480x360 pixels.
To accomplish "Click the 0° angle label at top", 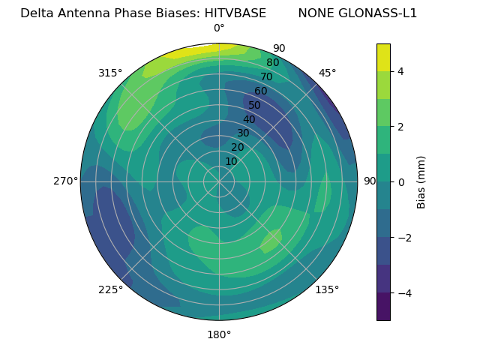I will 219,28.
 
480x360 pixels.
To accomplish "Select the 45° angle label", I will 328,73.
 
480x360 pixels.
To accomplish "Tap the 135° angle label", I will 327,289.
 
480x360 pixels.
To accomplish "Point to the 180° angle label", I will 219,334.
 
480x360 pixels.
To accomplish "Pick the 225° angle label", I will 110,290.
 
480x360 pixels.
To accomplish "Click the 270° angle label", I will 65,181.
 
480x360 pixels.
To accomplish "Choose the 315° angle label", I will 110,73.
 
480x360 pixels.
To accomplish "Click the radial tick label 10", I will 231,161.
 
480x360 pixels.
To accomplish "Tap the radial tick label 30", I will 243,133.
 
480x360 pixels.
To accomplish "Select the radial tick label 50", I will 255,105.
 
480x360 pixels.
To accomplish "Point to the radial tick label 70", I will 267,76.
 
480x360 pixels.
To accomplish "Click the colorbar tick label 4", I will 401,71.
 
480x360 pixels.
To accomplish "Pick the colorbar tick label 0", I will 401,182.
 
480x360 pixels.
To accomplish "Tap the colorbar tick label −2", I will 404,238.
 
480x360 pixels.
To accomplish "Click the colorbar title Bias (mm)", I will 421,182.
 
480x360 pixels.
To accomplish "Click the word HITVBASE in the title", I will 233,13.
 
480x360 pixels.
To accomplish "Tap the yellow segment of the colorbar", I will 383,57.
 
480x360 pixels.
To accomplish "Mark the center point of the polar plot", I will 219,181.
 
